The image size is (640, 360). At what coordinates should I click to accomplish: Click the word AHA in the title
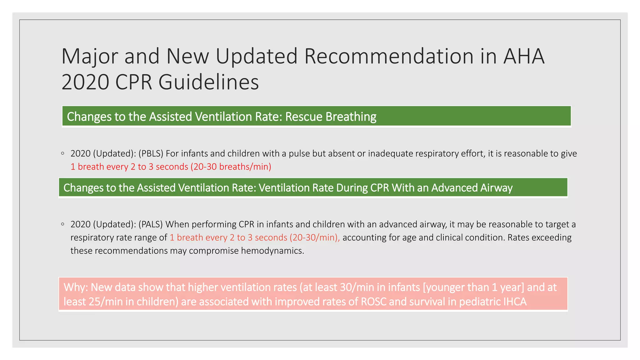coord(524,56)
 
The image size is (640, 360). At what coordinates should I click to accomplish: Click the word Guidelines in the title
coord(208,82)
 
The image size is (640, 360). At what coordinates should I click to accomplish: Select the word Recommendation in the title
coord(389,56)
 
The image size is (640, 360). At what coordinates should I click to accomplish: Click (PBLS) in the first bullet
coord(151,153)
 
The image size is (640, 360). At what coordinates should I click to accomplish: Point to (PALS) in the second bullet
coord(151,224)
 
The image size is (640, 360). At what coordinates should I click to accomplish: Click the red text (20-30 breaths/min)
coord(231,167)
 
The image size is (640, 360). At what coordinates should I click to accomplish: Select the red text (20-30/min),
coord(315,237)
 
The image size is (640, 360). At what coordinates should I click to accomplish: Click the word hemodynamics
coord(272,251)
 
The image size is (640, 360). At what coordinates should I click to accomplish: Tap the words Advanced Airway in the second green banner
coord(472,188)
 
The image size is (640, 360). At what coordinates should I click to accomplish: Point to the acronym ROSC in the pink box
coord(374,302)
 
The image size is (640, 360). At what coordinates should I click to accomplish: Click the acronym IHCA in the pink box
coord(515,302)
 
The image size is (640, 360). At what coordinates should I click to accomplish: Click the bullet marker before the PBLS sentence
coord(63,153)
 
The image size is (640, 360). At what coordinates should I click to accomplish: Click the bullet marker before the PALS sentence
coord(63,224)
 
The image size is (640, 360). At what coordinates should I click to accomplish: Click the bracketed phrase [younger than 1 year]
coord(473,287)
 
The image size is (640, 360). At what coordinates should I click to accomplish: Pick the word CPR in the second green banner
coord(380,188)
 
